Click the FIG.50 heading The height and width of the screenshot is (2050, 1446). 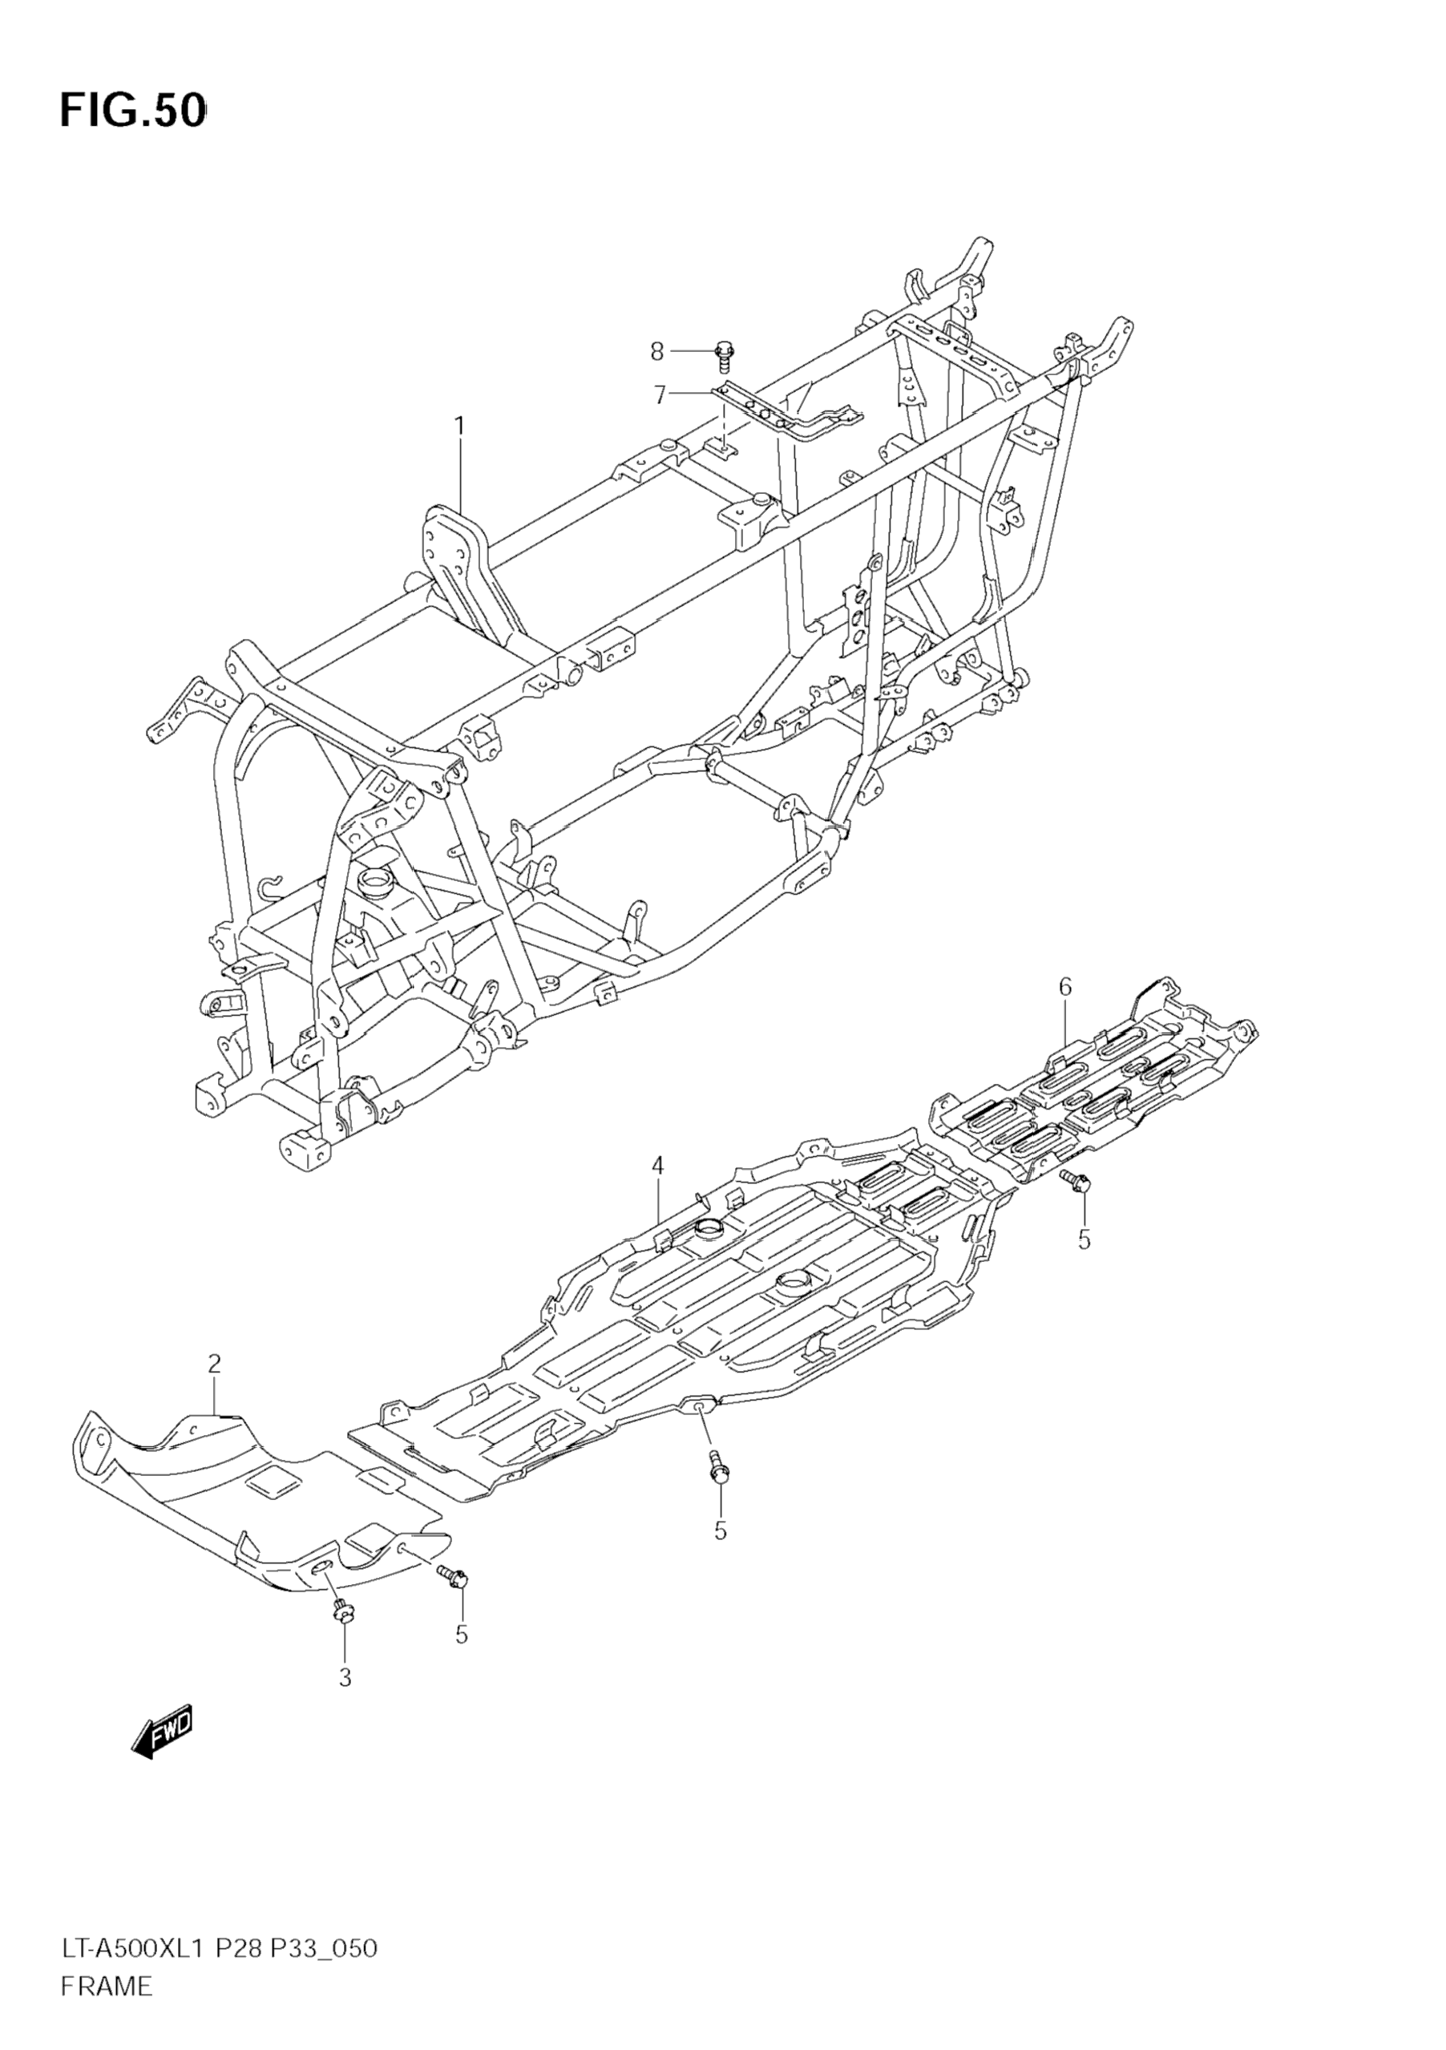point(133,111)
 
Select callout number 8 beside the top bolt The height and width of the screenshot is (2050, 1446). point(657,352)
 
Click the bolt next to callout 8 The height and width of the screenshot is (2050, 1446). point(722,354)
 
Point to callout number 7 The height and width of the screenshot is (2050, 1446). point(660,394)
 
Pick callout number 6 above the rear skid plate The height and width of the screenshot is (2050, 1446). point(1065,987)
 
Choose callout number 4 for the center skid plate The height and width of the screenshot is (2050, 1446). point(657,1164)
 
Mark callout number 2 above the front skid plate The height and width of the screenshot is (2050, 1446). point(214,1389)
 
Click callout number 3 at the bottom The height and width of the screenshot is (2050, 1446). point(345,1678)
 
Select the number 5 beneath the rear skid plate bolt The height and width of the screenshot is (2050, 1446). point(1084,1240)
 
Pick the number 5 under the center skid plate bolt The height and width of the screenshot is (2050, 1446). point(721,1530)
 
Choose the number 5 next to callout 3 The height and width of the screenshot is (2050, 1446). point(462,1634)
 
